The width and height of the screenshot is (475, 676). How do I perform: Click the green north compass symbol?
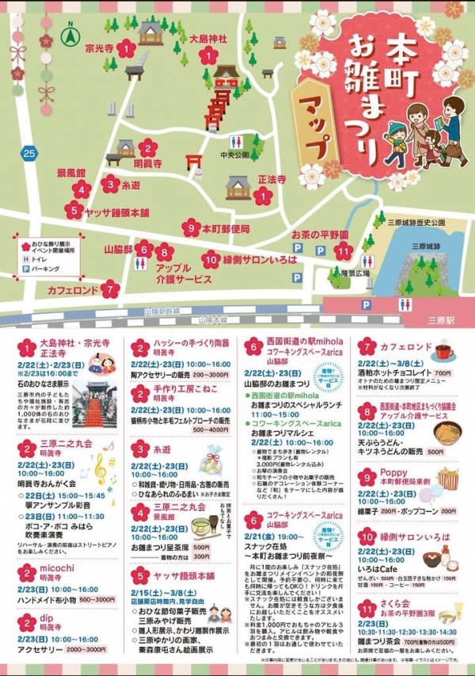point(69,36)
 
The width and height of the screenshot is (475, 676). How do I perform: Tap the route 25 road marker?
point(29,153)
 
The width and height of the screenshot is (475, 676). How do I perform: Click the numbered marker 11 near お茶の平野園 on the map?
point(343,251)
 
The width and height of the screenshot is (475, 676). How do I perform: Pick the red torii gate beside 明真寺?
point(193,163)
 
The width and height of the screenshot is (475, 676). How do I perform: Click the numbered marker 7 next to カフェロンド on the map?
point(111,290)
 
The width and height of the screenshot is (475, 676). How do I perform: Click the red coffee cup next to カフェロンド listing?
point(442,350)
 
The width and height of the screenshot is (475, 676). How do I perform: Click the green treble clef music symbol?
point(101,464)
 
